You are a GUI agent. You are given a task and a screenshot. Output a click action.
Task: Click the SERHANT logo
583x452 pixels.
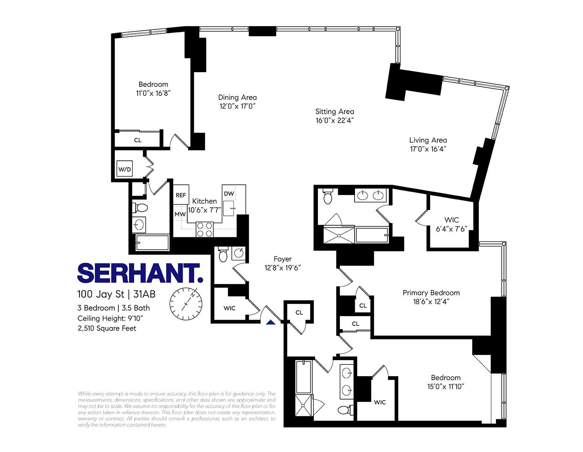coord(140,273)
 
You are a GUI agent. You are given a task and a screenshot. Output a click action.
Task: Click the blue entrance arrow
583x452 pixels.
coord(270,322)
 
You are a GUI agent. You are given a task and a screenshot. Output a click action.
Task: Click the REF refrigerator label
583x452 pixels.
coord(181,195)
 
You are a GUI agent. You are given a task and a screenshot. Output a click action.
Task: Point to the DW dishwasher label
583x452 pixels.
coord(229,194)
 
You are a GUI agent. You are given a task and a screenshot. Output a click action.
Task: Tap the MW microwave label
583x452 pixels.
coord(180,214)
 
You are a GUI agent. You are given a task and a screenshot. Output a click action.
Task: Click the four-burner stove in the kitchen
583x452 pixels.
coord(204,229)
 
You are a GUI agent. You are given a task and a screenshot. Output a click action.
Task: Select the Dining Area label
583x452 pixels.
coord(237,97)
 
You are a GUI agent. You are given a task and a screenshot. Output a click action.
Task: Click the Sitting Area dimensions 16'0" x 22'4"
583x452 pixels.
coord(335,121)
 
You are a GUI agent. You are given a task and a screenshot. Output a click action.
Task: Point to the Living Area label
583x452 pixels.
coord(428,140)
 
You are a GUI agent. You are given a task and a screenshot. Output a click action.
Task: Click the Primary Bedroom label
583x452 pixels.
coord(431,293)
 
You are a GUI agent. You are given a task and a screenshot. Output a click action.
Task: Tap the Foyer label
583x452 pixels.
coord(282,259)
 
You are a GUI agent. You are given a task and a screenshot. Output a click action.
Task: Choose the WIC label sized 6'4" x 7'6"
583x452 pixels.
coord(452,220)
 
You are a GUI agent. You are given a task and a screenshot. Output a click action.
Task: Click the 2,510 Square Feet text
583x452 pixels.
coord(107,328)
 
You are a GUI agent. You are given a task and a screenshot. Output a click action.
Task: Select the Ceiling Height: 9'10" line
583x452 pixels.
coord(110,318)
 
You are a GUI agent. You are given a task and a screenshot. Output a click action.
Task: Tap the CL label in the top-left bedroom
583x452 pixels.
coord(138,140)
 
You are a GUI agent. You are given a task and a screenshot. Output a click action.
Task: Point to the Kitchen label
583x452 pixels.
coord(204,201)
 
